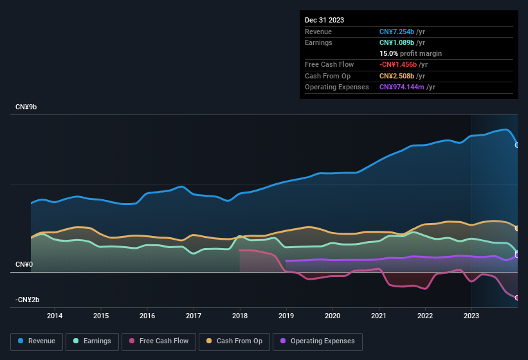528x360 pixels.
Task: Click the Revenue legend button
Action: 37,341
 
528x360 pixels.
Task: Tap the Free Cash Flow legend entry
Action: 158,341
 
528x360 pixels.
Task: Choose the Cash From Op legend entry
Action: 234,341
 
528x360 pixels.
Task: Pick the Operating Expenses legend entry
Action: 318,341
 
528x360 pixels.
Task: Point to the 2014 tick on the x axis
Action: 55,316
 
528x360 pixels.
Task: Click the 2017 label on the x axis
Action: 194,316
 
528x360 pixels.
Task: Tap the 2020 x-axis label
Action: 332,316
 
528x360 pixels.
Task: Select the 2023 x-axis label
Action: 471,316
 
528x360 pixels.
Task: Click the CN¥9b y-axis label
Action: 26,107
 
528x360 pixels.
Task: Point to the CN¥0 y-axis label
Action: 24,264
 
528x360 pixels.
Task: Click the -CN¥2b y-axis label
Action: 28,300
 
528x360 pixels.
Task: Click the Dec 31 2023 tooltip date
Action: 324,20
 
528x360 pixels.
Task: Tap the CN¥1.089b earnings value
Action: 397,42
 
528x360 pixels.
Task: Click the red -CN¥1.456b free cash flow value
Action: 398,65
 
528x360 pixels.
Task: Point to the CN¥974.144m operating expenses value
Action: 402,87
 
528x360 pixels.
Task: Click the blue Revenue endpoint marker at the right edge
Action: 517,145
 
